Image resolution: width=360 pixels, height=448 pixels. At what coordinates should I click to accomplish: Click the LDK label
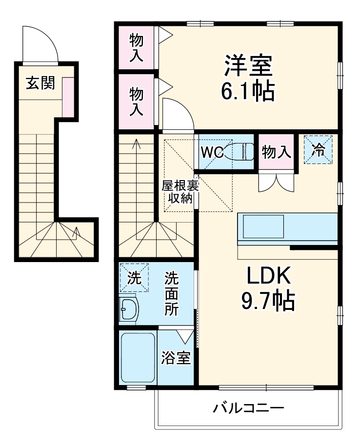click(x=268, y=276)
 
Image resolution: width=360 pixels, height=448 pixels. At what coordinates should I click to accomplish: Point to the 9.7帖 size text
click(x=268, y=302)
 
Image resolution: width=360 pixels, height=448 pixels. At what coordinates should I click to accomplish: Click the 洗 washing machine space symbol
click(x=134, y=278)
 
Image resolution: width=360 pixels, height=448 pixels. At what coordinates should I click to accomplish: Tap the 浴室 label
click(x=176, y=359)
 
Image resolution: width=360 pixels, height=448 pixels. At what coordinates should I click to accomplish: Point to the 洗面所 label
click(x=171, y=294)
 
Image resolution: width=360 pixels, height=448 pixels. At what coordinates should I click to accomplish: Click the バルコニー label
click(x=248, y=408)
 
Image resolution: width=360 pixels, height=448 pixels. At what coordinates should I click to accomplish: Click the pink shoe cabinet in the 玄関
click(x=68, y=97)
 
